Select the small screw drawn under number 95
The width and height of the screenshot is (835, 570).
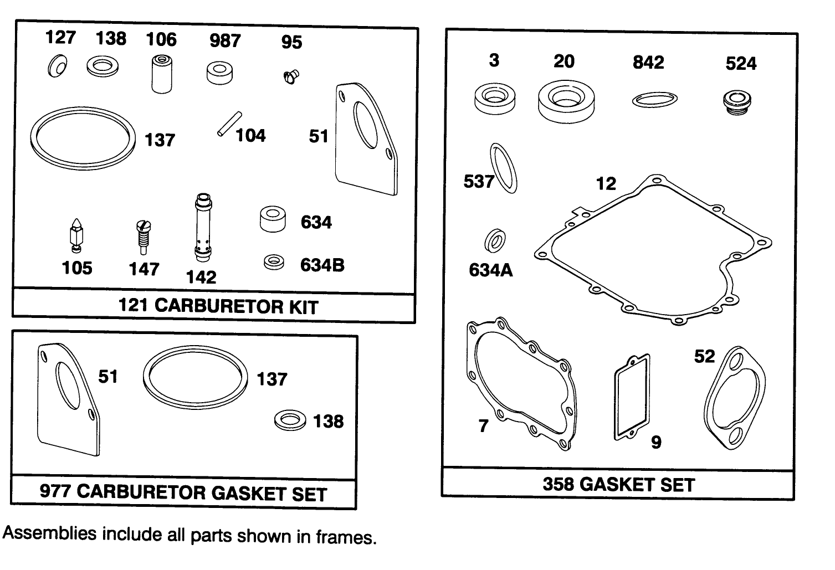tap(290, 76)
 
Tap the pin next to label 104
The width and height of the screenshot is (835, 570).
tap(229, 124)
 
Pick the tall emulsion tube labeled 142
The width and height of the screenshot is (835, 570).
tap(203, 228)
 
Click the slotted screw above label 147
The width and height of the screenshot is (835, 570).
tap(143, 236)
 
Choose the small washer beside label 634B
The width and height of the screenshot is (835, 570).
tap(274, 263)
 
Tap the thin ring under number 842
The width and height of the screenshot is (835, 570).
tap(654, 100)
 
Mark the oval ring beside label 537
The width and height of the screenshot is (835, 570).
tap(504, 168)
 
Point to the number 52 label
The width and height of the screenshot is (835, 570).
tap(705, 356)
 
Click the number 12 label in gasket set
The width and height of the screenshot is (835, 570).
tap(606, 183)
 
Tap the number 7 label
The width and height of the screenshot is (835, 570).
tap(484, 426)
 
